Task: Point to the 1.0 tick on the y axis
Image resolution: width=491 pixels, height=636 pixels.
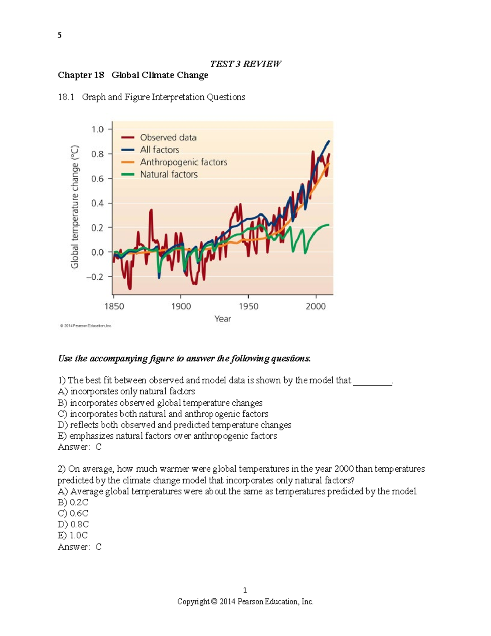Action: (98, 129)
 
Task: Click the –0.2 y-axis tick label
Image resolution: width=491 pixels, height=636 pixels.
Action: (95, 277)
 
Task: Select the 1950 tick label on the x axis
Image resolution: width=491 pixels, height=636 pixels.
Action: (248, 306)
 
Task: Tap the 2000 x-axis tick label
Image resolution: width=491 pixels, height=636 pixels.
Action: (315, 306)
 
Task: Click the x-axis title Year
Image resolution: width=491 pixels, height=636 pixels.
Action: (223, 319)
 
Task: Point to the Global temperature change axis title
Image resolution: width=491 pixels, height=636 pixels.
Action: (74, 207)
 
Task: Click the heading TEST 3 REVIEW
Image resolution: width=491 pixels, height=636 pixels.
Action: (245, 64)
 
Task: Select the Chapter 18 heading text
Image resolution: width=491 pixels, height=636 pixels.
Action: (133, 75)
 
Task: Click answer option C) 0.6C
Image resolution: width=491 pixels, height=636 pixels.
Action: (73, 513)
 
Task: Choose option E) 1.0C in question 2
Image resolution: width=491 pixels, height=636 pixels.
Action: (73, 535)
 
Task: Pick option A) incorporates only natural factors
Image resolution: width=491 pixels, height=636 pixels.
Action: (126, 392)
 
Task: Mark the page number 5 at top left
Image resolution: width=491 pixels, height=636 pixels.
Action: (60, 35)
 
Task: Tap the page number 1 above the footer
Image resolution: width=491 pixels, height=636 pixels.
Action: (245, 590)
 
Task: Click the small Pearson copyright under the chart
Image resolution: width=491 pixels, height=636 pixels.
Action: (86, 326)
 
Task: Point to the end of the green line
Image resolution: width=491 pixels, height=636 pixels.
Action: (328, 225)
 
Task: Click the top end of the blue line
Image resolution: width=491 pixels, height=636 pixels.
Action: (329, 141)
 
